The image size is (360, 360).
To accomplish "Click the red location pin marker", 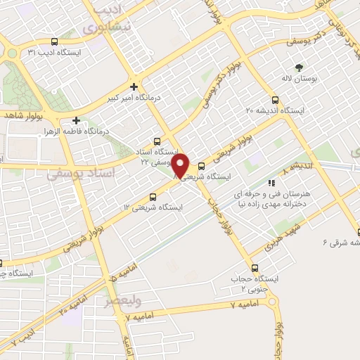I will point(181,165).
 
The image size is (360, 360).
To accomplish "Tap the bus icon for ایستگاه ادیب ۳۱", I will point(55,42).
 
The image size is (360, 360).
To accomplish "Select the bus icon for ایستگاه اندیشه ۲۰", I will point(275,100).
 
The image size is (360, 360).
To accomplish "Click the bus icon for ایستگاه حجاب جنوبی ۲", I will point(255,268).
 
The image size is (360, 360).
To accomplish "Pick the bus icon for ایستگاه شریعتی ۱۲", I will point(154,197).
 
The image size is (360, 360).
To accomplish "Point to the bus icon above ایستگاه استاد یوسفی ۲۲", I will point(158,141).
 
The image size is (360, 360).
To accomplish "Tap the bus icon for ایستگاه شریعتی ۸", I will point(202,167).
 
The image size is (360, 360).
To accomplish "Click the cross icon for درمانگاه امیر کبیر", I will point(134,86).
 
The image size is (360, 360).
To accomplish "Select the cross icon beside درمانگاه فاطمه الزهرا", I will point(76,120).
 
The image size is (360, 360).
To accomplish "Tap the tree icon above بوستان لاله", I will point(300,67).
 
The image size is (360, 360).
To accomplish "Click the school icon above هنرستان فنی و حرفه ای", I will point(291,183).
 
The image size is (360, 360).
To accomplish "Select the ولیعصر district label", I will point(122,301).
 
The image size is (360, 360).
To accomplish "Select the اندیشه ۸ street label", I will point(295,167).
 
